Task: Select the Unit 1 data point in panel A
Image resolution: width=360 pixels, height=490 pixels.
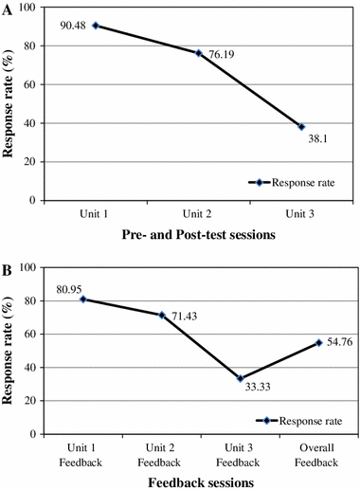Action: click(96, 25)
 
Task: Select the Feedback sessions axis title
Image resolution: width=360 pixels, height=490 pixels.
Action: click(198, 481)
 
